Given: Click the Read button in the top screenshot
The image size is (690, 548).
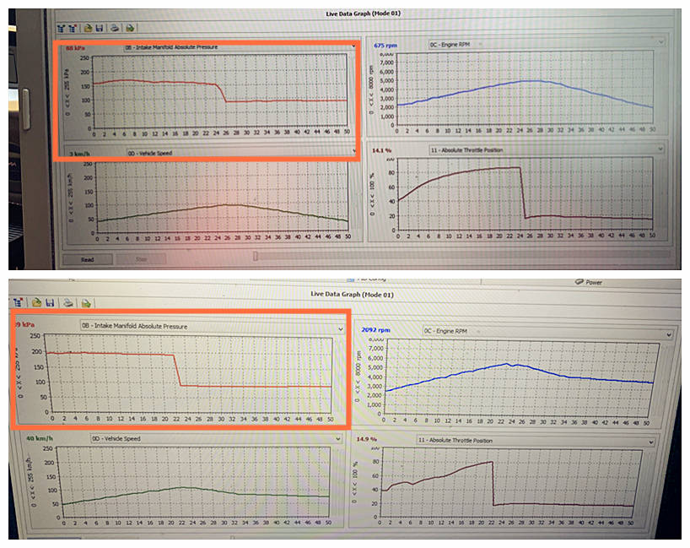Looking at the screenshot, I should tap(86, 259).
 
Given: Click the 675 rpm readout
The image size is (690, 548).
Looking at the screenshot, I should tap(385, 45).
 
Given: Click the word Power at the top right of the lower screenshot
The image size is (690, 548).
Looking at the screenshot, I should tap(593, 283).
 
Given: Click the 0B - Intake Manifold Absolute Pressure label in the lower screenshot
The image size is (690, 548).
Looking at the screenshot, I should tap(136, 326).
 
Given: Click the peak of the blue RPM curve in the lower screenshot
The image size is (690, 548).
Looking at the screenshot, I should tap(508, 364).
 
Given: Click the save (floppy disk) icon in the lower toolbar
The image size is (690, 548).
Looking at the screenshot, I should tap(50, 301).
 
